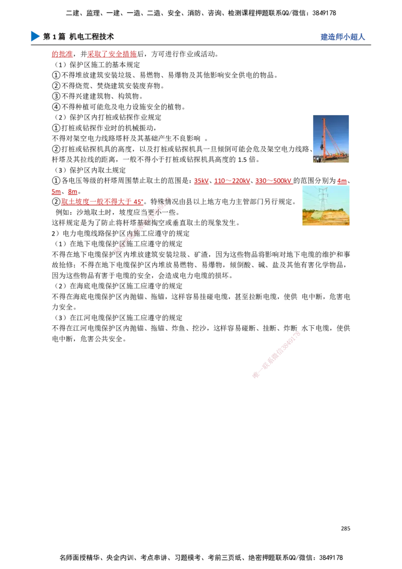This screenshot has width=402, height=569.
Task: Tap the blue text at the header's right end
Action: (x=342, y=38)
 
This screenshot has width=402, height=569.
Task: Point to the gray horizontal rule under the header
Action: (x=201, y=46)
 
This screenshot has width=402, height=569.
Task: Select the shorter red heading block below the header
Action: (x=62, y=54)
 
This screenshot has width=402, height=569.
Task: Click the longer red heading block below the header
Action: (x=111, y=54)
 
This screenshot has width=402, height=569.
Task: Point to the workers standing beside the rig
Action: (x=317, y=159)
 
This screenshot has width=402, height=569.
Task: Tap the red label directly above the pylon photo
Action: (x=342, y=181)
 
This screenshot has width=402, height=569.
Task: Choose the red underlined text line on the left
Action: (x=102, y=203)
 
